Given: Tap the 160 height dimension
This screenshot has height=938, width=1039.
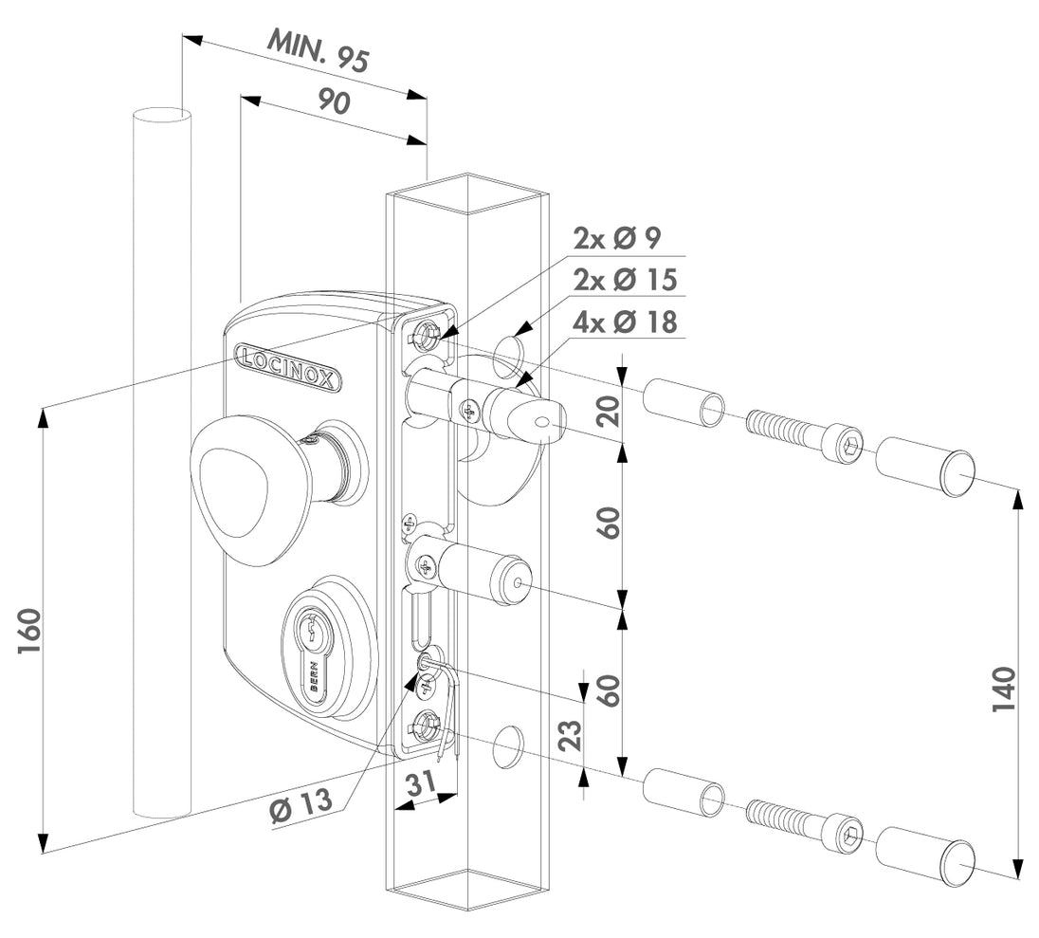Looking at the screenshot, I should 29,631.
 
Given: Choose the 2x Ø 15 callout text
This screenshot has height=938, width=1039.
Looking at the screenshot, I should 626,281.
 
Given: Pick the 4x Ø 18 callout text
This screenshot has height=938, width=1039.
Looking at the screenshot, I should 625,322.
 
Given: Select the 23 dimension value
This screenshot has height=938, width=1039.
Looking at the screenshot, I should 568,729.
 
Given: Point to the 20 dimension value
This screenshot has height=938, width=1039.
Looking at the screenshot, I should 611,412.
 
